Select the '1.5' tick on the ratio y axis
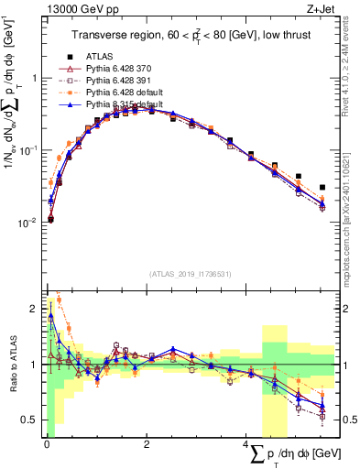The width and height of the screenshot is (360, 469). [30, 336]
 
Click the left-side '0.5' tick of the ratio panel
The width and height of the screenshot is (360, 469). [30, 420]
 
